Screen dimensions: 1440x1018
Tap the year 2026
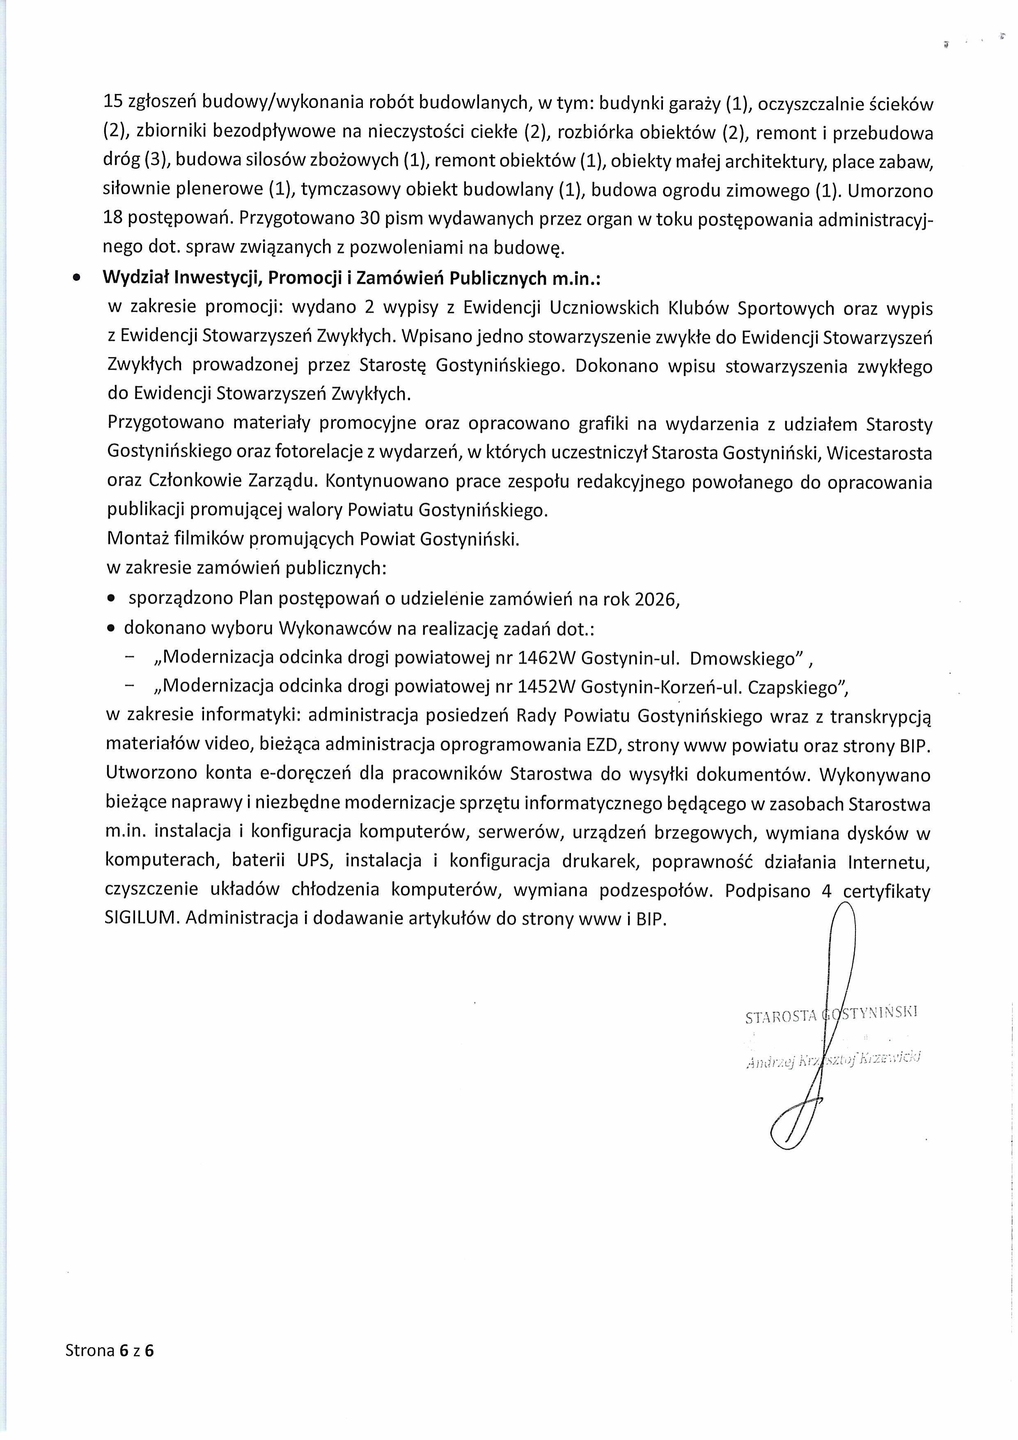[656, 600]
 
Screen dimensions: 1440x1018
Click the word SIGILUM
[142, 919]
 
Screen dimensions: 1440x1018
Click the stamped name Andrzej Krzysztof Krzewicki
[833, 1060]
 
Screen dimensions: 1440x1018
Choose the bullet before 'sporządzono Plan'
[111, 600]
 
